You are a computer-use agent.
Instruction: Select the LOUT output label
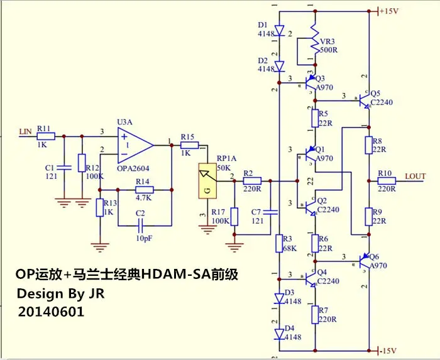pos(415,177)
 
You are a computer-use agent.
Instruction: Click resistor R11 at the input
pos(45,136)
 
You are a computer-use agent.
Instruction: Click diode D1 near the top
pos(280,30)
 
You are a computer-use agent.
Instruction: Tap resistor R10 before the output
pos(386,182)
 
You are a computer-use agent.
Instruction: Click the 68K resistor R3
pos(280,243)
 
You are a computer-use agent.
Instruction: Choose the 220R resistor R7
pos(314,315)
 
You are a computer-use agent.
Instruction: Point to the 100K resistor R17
pos(234,217)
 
